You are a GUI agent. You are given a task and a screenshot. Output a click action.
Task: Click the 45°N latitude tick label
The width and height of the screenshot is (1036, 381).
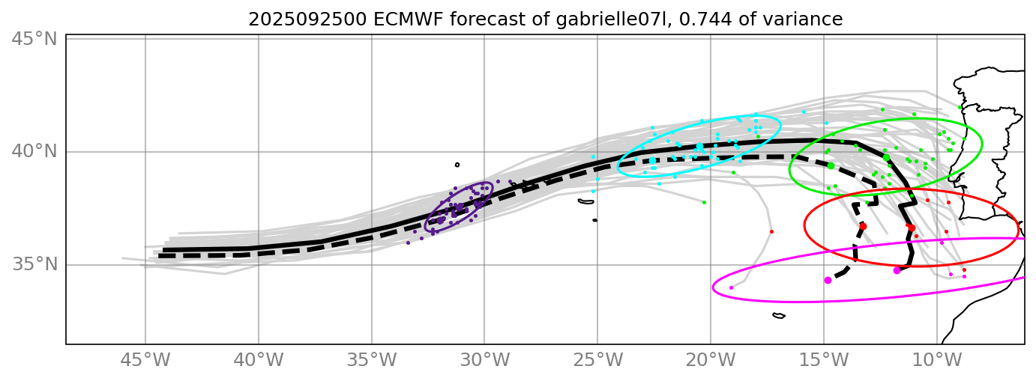pos(35,38)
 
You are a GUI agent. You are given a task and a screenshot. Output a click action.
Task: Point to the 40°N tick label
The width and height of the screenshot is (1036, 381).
pos(35,151)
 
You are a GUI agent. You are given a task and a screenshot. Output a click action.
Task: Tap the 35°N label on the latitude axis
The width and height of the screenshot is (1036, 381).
pos(35,264)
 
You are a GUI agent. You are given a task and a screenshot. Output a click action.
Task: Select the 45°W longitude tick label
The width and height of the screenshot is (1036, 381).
pos(145,361)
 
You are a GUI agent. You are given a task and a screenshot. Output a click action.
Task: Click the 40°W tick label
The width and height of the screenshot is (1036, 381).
pos(258,361)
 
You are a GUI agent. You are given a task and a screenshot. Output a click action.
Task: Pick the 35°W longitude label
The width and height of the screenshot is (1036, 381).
pos(371,361)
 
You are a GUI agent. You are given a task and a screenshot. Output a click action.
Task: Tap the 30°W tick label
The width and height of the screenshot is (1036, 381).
pos(484,361)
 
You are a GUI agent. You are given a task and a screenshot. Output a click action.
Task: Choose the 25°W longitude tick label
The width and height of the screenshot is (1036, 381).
pos(597,361)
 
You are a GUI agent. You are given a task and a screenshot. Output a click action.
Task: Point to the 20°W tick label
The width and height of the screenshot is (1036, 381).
pos(711,361)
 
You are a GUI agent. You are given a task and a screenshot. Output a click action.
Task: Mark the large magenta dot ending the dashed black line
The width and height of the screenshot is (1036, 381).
pos(828,280)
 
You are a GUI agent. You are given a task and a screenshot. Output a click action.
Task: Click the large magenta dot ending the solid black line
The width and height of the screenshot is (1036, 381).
pos(897,270)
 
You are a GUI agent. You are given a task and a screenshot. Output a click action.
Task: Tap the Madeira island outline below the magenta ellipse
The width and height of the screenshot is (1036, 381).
pos(779,316)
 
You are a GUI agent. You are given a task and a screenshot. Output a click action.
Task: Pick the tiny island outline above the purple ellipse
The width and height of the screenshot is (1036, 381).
pos(457,165)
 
